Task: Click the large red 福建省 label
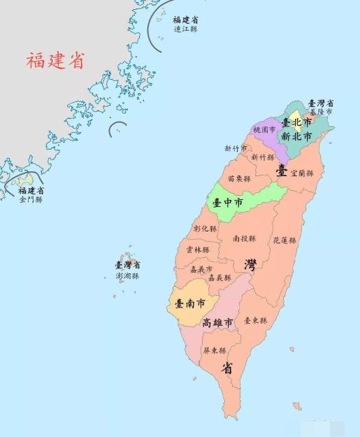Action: click(x=55, y=60)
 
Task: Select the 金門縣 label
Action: click(x=31, y=199)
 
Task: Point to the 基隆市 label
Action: click(x=320, y=112)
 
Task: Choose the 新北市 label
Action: click(x=296, y=137)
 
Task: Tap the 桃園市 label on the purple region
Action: click(x=264, y=130)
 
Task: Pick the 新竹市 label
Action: click(x=236, y=148)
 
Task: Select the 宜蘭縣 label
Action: click(x=302, y=172)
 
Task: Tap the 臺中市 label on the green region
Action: click(x=228, y=203)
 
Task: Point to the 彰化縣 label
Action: click(x=205, y=229)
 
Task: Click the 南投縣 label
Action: click(x=243, y=238)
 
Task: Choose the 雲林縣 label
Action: click(x=198, y=250)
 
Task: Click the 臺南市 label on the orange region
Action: click(x=190, y=304)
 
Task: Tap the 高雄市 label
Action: click(x=217, y=322)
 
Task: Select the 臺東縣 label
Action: click(x=255, y=320)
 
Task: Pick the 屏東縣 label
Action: click(x=214, y=350)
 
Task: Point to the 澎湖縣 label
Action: click(x=127, y=276)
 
